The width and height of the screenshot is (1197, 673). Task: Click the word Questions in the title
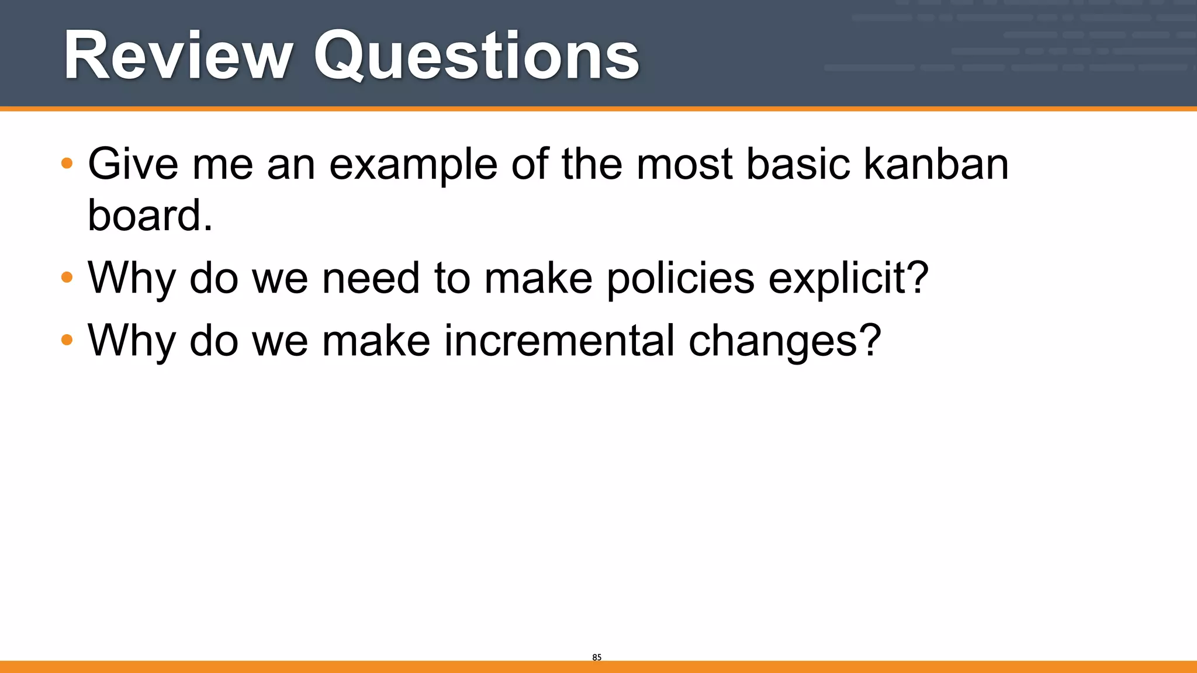pyautogui.click(x=476, y=57)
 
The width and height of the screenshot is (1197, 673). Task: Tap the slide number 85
pyautogui.click(x=596, y=657)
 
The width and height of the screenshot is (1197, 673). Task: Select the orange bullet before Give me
pyautogui.click(x=67, y=163)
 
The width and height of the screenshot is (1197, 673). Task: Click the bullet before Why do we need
pyautogui.click(x=67, y=277)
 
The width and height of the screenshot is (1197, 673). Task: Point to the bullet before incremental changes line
pyautogui.click(x=67, y=339)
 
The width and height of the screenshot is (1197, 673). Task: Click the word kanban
pyautogui.click(x=936, y=164)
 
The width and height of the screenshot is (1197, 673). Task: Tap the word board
pyautogui.click(x=150, y=215)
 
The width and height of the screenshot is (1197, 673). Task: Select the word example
pyautogui.click(x=413, y=165)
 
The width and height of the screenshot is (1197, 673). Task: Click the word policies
pyautogui.click(x=680, y=278)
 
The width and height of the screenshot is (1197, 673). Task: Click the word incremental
pyautogui.click(x=559, y=341)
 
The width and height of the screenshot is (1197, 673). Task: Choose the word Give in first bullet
pyautogui.click(x=133, y=164)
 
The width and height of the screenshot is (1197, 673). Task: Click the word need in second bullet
pyautogui.click(x=371, y=278)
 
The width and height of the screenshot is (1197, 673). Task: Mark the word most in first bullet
pyautogui.click(x=684, y=164)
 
